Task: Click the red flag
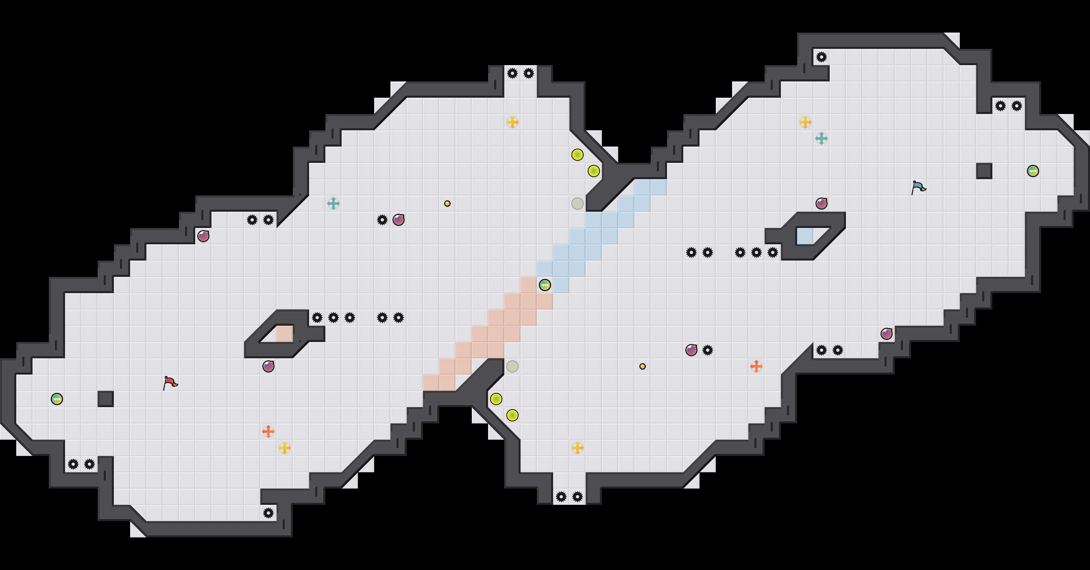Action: point(170,382)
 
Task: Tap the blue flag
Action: point(918,187)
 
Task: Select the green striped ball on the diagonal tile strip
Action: point(545,285)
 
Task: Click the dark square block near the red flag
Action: point(106,399)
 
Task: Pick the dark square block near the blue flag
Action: point(984,171)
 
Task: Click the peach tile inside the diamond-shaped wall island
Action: point(284,334)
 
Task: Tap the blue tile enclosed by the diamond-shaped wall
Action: point(805,236)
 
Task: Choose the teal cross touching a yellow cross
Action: point(821,138)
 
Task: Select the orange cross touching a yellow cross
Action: point(268,432)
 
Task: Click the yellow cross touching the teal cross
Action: point(805,123)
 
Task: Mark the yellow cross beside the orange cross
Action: point(285,447)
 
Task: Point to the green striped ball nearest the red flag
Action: point(57,399)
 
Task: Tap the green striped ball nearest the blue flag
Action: point(1033,171)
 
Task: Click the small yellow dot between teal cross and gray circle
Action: point(447,204)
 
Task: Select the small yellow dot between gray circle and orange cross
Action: point(642,366)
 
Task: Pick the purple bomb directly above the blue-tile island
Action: point(821,204)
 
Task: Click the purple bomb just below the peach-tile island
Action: point(268,366)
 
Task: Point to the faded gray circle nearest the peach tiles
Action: point(512,366)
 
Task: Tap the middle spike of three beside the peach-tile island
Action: point(334,318)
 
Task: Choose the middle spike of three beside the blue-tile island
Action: point(756,253)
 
